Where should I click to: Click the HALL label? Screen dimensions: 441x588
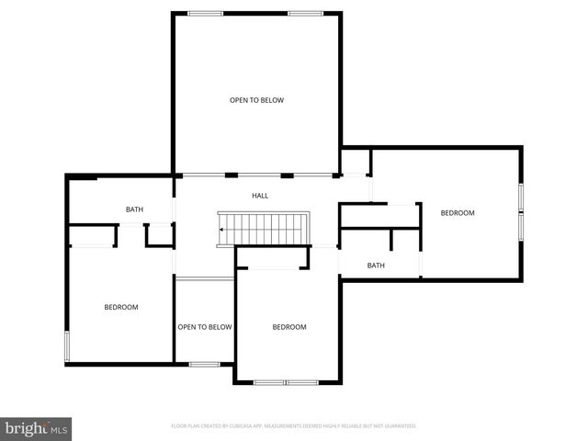pos(260,196)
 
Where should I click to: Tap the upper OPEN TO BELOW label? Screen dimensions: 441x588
pos(256,99)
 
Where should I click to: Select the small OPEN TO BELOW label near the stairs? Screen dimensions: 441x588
pos(204,326)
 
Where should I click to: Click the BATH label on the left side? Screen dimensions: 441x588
pos(134,210)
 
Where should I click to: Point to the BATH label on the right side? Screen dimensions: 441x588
pos(376,266)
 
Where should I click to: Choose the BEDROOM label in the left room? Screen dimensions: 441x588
pos(120,307)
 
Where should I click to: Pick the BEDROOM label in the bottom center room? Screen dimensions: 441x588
pos(288,326)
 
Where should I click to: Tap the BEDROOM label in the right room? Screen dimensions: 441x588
pos(457,213)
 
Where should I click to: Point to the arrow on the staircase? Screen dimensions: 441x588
pos(223,230)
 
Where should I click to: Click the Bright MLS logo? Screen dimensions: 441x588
pos(36,428)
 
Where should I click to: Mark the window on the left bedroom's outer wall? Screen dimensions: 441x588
pos(65,347)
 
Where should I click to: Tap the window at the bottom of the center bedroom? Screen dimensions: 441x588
pos(286,382)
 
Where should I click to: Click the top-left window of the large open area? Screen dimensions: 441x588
pos(205,13)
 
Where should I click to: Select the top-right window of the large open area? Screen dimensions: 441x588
pos(305,13)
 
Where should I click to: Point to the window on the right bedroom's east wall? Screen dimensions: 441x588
pos(521,211)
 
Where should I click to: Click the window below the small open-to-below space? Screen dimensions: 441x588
pos(204,365)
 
